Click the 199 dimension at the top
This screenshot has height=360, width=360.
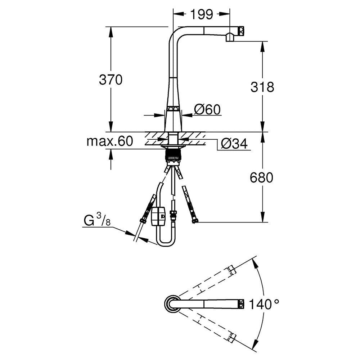click(x=202, y=14)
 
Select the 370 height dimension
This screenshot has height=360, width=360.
click(x=111, y=80)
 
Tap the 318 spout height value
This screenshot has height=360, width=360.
click(x=262, y=87)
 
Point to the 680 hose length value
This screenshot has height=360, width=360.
click(x=262, y=177)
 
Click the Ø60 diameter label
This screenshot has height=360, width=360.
click(x=207, y=109)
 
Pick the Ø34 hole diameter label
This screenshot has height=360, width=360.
click(x=234, y=144)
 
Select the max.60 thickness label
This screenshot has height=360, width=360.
click(x=109, y=141)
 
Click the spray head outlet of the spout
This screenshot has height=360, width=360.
click(x=230, y=37)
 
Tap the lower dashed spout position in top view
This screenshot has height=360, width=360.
click(x=209, y=325)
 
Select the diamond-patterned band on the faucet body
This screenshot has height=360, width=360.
click(x=174, y=108)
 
